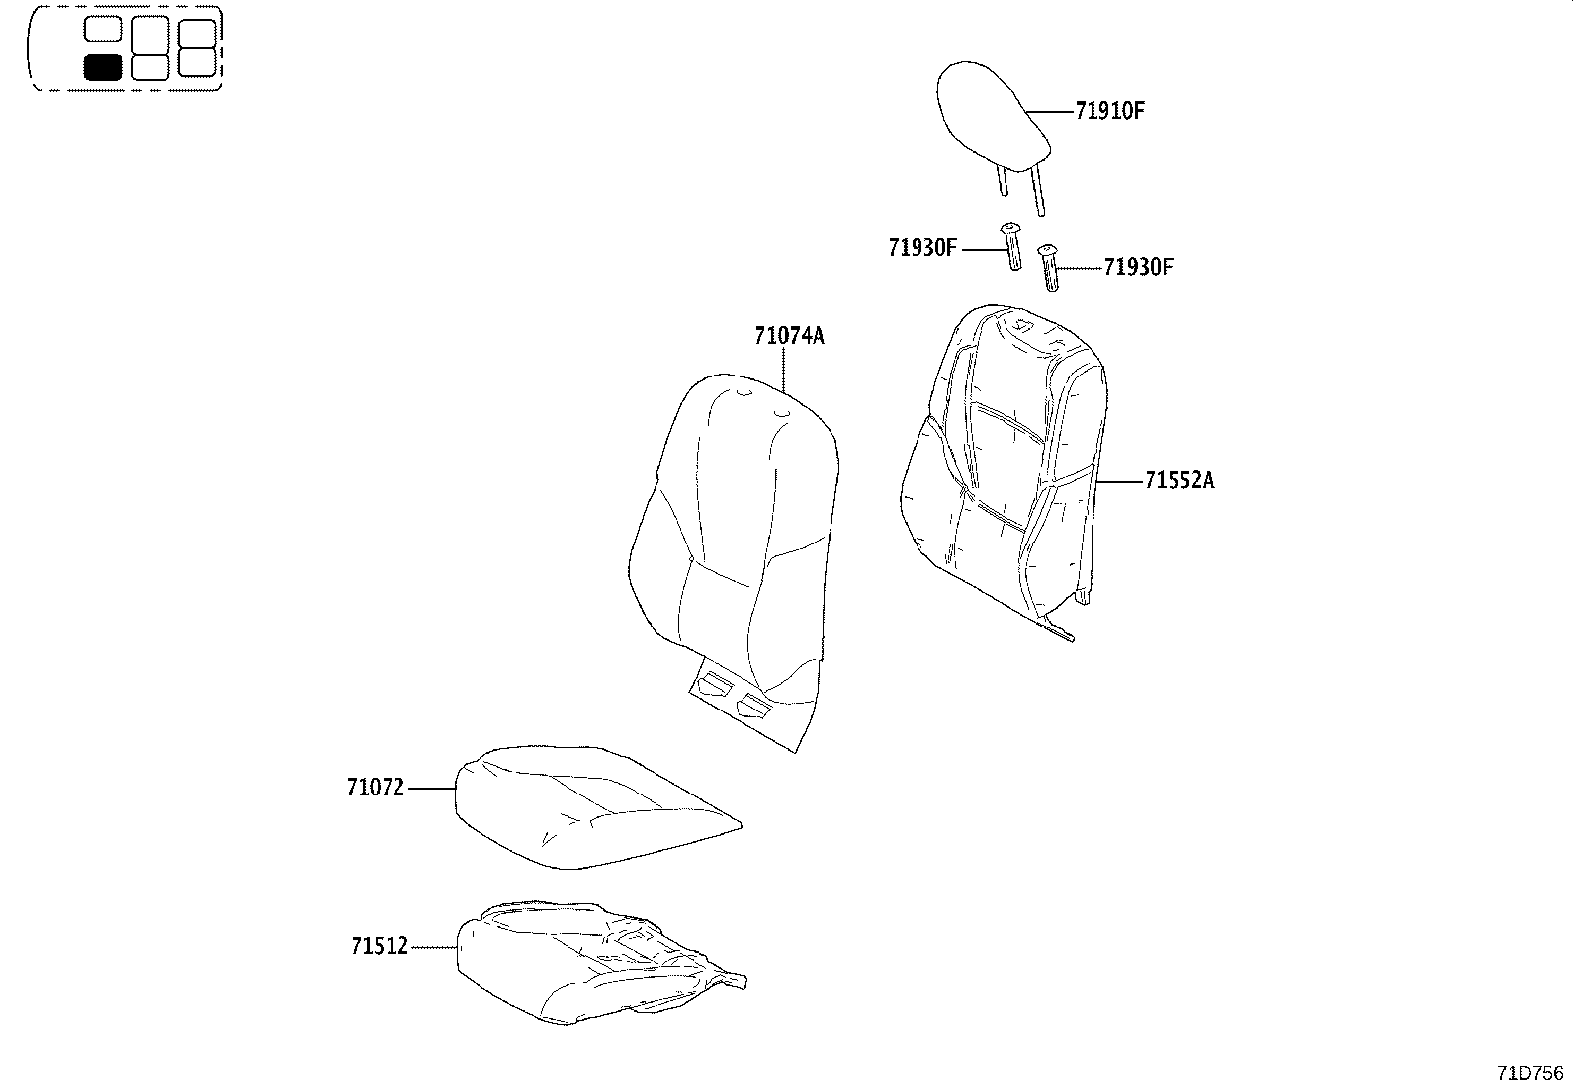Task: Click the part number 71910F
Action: point(1109,111)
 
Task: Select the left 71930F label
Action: point(922,248)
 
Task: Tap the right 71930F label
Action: point(1139,267)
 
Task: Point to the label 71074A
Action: point(789,336)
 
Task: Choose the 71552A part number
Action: point(1180,481)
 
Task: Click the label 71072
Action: point(376,789)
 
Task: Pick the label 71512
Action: point(380,947)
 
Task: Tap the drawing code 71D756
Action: point(1530,1073)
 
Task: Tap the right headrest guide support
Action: point(1050,269)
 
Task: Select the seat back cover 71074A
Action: point(732,524)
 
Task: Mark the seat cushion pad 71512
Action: point(583,963)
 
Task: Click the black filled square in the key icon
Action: point(102,67)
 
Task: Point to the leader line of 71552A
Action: point(1119,481)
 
